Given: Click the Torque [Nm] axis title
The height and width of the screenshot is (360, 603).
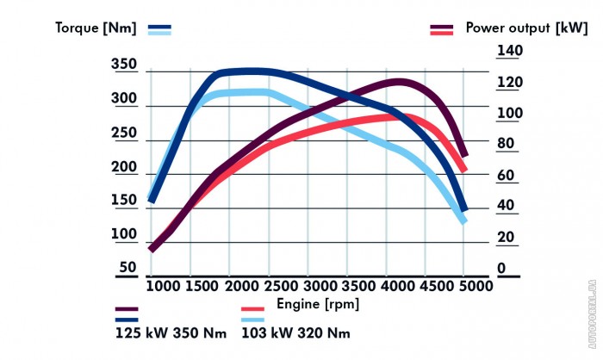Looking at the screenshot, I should (x=96, y=28).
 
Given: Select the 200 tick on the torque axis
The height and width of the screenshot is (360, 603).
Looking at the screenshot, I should (x=124, y=167).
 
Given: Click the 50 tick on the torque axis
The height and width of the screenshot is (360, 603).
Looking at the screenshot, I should (x=127, y=268).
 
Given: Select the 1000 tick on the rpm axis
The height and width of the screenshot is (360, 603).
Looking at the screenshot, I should (x=160, y=286).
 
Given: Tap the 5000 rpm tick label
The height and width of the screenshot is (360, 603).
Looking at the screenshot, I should (x=463, y=286).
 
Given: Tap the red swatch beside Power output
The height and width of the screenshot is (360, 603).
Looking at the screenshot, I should (x=442, y=33).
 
